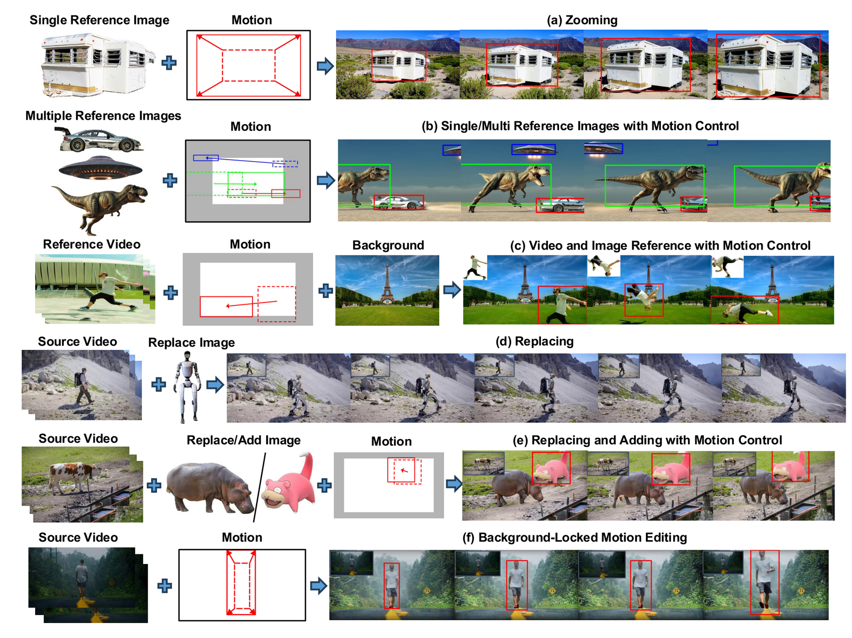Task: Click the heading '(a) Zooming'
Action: coord(581,20)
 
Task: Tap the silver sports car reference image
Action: coord(100,139)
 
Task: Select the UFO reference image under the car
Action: coord(101,168)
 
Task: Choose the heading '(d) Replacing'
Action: coord(534,341)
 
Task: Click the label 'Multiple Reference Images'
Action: coord(103,115)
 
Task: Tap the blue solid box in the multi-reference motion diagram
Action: coord(206,158)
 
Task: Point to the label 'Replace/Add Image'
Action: coord(243,440)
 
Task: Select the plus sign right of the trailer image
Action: coord(169,63)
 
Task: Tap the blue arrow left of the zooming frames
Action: coord(325,66)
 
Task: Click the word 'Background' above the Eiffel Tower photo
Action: coord(388,245)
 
